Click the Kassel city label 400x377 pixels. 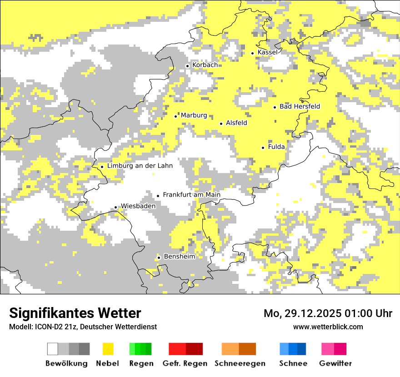(x=267, y=53)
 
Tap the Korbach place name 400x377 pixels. (x=205, y=65)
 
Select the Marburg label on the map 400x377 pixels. (x=194, y=116)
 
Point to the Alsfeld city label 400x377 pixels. (x=236, y=123)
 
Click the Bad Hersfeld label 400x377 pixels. (x=300, y=107)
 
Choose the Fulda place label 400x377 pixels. (x=276, y=147)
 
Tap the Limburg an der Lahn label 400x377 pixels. (x=140, y=166)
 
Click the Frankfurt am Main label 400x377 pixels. (x=191, y=195)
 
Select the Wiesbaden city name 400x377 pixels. (x=138, y=206)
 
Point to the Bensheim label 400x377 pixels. (x=179, y=257)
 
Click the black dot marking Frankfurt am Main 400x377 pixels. (x=158, y=196)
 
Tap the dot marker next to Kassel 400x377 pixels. (x=253, y=53)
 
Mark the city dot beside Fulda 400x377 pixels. (x=263, y=148)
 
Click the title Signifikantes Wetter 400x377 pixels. (x=75, y=313)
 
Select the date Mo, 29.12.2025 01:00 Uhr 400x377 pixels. (x=328, y=313)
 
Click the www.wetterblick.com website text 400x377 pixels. (x=328, y=327)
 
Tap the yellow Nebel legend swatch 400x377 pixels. (x=108, y=349)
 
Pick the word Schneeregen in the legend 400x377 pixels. (x=240, y=363)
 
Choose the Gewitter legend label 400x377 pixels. (x=335, y=363)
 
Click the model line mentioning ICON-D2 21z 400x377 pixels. (x=83, y=327)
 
